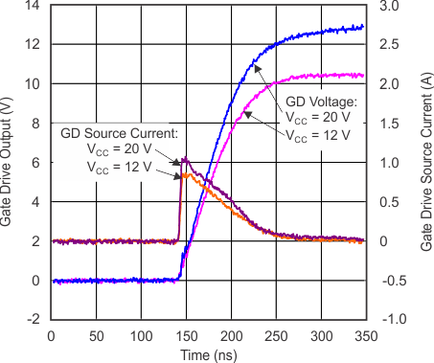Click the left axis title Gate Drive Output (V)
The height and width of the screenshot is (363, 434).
(9, 162)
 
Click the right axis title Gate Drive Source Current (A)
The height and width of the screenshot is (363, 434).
(424, 162)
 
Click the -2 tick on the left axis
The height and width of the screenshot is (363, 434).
(34, 320)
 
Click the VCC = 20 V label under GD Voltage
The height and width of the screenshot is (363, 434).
(322, 118)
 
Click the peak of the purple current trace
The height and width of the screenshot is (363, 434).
(184, 159)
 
